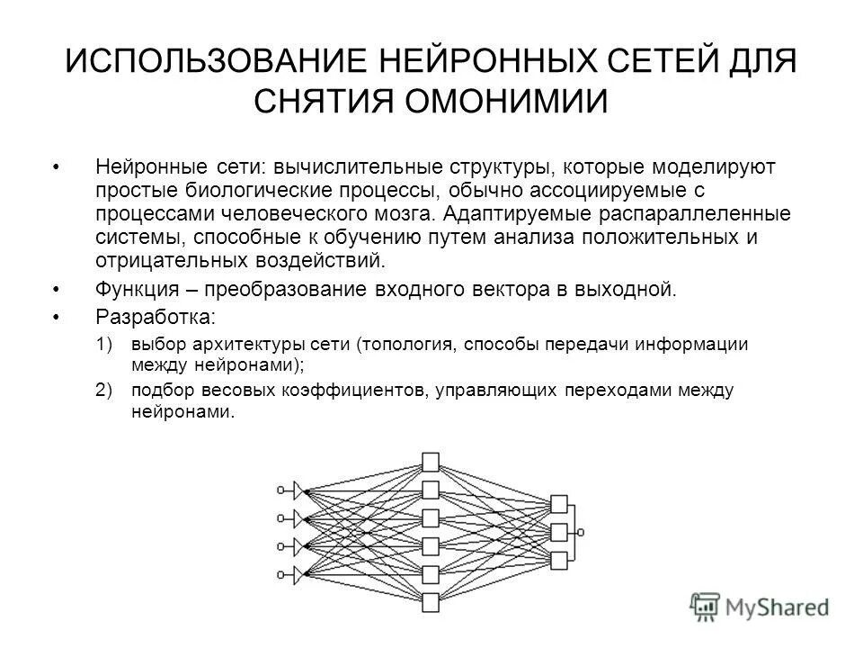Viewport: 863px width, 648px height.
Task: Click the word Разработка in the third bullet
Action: [153, 318]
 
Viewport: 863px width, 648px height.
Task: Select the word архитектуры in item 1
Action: [231, 346]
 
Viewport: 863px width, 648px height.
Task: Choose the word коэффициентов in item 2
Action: [335, 391]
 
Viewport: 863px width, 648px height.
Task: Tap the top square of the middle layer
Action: [431, 463]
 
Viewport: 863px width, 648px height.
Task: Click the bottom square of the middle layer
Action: [431, 601]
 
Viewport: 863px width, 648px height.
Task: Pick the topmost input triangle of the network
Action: [298, 490]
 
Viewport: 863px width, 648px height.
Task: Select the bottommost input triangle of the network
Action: [298, 573]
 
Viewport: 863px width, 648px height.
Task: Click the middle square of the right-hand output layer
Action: [559, 532]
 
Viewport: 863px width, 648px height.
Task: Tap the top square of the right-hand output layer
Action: [559, 503]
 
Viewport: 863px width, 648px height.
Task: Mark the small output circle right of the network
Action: [582, 532]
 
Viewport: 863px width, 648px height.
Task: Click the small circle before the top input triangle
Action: [280, 490]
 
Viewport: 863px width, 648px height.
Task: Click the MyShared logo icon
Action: [707, 606]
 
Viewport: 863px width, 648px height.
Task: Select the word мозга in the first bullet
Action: [402, 215]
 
